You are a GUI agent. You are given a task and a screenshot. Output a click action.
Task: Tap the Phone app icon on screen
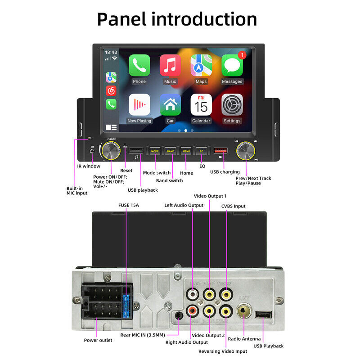pyautogui.click(x=139, y=66)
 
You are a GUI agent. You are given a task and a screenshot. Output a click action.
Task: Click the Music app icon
pyautogui.click(x=170, y=66)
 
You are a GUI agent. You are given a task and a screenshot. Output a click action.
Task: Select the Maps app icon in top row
pyautogui.click(x=201, y=66)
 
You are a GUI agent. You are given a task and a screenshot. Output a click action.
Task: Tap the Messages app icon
pyautogui.click(x=232, y=66)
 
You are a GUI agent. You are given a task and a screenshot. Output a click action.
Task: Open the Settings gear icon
pyautogui.click(x=232, y=105)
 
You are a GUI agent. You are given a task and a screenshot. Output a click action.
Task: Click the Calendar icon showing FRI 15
pyautogui.click(x=201, y=105)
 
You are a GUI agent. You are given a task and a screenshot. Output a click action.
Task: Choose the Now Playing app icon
pyautogui.click(x=139, y=105)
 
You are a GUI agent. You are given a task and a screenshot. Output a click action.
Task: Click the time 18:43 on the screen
pyautogui.click(x=111, y=52)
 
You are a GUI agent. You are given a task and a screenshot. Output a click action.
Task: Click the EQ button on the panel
pyautogui.click(x=201, y=152)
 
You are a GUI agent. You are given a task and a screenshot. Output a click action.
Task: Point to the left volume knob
pyautogui.click(x=111, y=151)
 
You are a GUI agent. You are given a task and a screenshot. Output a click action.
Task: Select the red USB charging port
pyautogui.click(x=220, y=151)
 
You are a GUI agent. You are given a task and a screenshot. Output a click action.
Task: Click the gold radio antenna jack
pyautogui.click(x=244, y=311)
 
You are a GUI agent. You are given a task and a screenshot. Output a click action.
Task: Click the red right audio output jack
pyautogui.click(x=193, y=310)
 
